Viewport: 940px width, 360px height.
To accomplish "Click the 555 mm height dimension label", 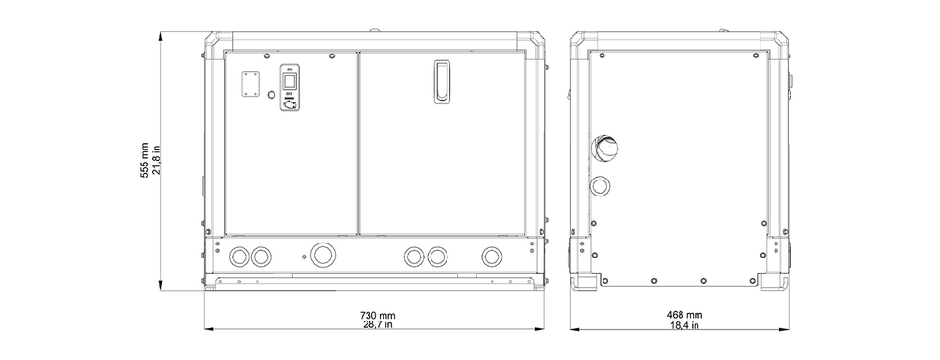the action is click(145, 160).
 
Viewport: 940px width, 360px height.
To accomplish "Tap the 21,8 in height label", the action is click(156, 160).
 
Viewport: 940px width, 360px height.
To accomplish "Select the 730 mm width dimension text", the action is click(378, 315).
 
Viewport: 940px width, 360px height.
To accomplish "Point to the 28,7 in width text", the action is click(378, 324).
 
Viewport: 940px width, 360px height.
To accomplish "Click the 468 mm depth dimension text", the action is click(684, 315).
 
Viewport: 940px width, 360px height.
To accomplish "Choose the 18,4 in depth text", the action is click(684, 325).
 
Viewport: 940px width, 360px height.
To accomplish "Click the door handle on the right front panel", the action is click(443, 82).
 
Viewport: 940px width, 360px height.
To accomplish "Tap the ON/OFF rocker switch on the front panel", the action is click(289, 82).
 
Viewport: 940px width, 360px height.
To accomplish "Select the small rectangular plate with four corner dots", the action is click(250, 85).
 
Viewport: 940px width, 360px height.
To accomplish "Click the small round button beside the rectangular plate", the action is click(271, 95).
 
